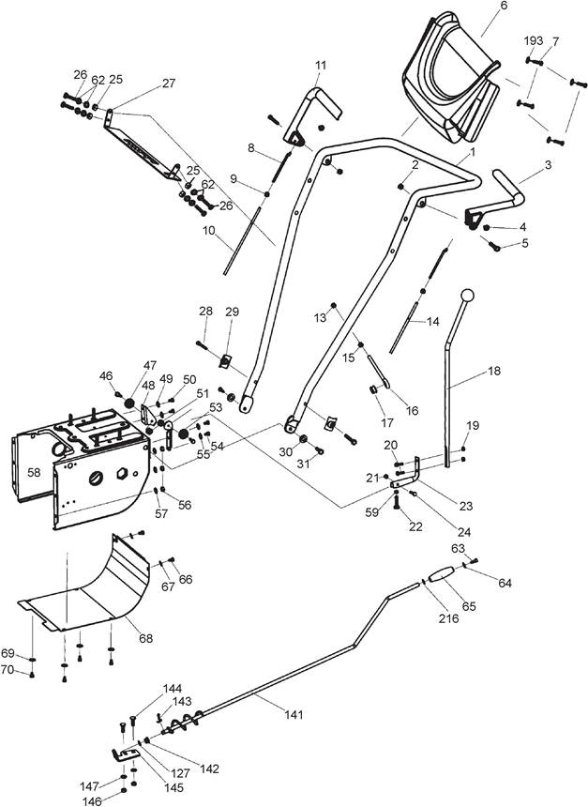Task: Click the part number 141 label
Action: pos(294,714)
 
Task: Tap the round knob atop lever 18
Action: pos(467,296)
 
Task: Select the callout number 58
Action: pos(34,472)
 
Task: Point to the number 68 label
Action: pos(146,638)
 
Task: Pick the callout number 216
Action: pos(448,618)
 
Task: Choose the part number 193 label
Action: pos(534,40)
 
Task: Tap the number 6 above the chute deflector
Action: pos(503,6)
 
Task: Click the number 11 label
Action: pos(321,66)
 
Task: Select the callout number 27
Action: pos(169,83)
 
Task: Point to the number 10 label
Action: pos(208,231)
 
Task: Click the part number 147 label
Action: pos(89,786)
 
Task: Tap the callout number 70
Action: pos(8,670)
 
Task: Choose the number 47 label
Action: pos(150,365)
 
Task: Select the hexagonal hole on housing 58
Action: pos(124,472)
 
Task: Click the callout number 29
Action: pos(232,312)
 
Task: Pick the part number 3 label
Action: pos(548,165)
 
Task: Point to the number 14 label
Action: pos(433,322)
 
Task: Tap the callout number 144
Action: pos(173,689)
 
